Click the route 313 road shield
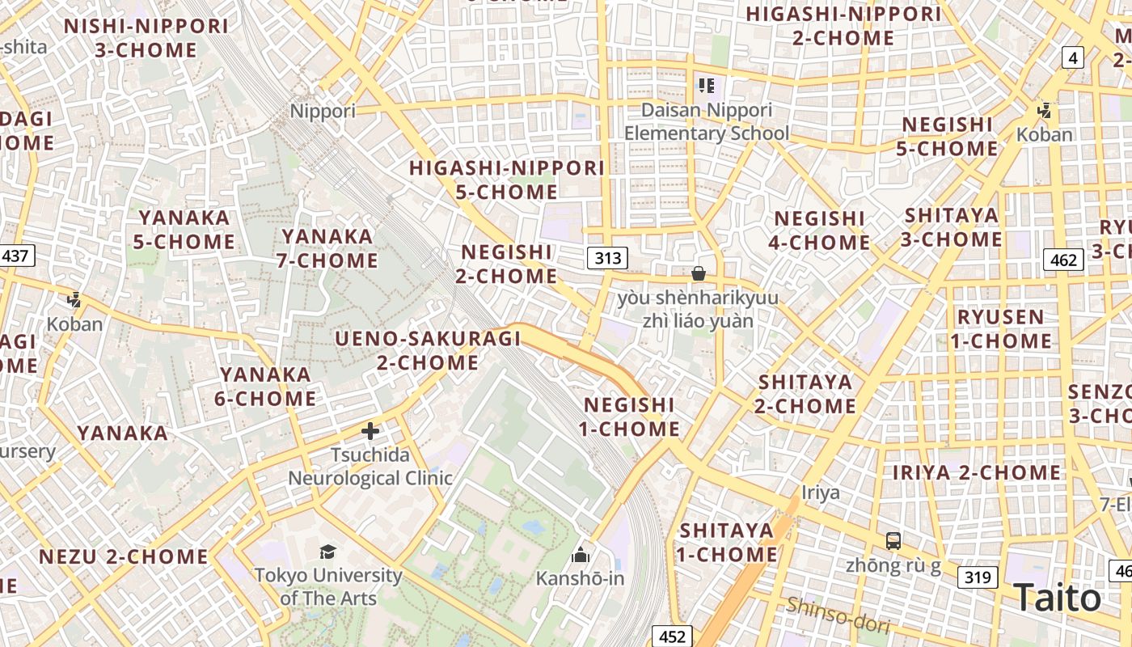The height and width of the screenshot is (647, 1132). (x=607, y=258)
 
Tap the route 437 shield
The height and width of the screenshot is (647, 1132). (x=15, y=256)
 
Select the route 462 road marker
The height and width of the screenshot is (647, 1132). (x=1064, y=260)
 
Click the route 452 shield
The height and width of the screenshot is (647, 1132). (x=672, y=636)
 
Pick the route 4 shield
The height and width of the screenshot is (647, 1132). (x=1073, y=57)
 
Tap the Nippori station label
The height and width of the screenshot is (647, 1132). (x=323, y=111)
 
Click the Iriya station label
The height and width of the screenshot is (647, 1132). (x=820, y=493)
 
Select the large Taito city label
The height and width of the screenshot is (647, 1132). (x=1057, y=598)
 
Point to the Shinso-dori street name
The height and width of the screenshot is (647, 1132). (x=838, y=615)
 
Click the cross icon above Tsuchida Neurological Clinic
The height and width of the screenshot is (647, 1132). (x=370, y=431)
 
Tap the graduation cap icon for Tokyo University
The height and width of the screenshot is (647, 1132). (x=327, y=552)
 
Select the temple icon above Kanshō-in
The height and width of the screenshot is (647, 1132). (x=580, y=555)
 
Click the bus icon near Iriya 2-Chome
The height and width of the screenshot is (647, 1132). (x=893, y=541)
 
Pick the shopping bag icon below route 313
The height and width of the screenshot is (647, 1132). (x=699, y=274)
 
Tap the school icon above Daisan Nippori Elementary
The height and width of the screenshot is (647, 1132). (x=706, y=85)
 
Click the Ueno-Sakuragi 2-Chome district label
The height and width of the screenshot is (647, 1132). (x=429, y=350)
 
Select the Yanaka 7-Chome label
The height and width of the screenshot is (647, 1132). (x=329, y=248)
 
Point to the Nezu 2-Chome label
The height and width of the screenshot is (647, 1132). (x=124, y=556)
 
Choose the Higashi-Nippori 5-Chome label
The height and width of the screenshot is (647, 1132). (x=507, y=180)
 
